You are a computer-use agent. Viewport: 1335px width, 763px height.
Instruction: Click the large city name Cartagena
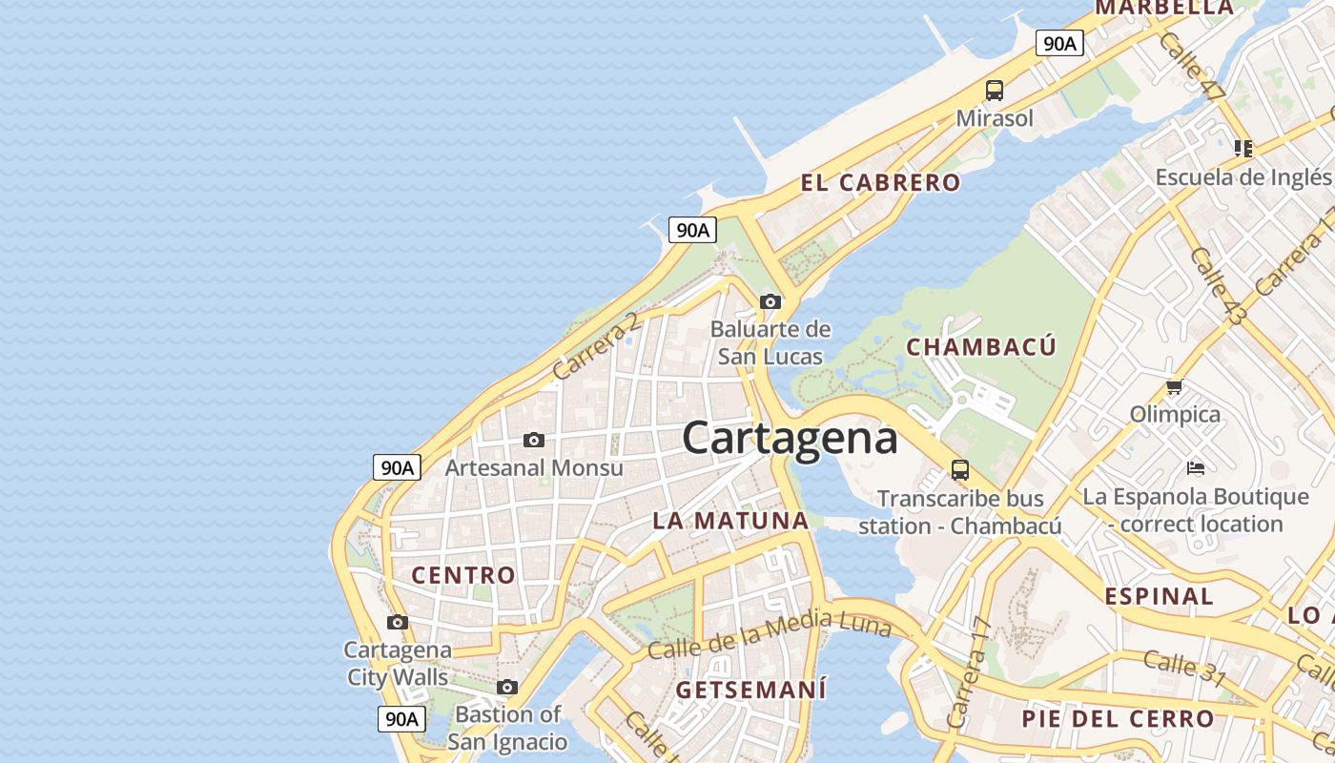tap(790, 439)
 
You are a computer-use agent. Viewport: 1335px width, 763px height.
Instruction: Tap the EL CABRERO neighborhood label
tap(880, 183)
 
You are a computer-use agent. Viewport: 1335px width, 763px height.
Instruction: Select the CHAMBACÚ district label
tap(981, 347)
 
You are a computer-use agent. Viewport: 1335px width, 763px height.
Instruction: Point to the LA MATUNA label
tap(730, 521)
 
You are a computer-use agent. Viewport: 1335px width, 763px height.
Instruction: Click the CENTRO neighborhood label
tap(463, 575)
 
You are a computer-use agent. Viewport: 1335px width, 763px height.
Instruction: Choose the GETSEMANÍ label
tap(751, 690)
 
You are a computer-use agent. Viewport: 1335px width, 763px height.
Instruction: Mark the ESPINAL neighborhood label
tap(1159, 597)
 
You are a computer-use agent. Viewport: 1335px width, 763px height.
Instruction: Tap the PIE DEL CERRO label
tap(1118, 719)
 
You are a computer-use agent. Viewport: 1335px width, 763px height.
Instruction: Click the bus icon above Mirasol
tap(995, 91)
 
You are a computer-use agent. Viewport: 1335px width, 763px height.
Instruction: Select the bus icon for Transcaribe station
tap(960, 470)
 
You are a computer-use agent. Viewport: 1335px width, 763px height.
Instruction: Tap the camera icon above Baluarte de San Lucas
tap(770, 302)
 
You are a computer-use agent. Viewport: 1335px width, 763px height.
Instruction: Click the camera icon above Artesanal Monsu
tap(534, 441)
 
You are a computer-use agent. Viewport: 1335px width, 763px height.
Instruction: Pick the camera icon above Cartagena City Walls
tap(398, 623)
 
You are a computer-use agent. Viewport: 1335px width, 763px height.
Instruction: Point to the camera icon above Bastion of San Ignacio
tap(507, 687)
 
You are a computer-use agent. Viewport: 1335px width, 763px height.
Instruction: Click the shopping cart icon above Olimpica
tap(1174, 387)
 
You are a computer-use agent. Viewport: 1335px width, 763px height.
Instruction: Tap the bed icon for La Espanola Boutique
tap(1196, 467)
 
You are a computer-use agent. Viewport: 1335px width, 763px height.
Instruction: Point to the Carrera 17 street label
tap(970, 672)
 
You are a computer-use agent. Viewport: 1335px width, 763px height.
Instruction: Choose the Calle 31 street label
tap(1184, 667)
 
